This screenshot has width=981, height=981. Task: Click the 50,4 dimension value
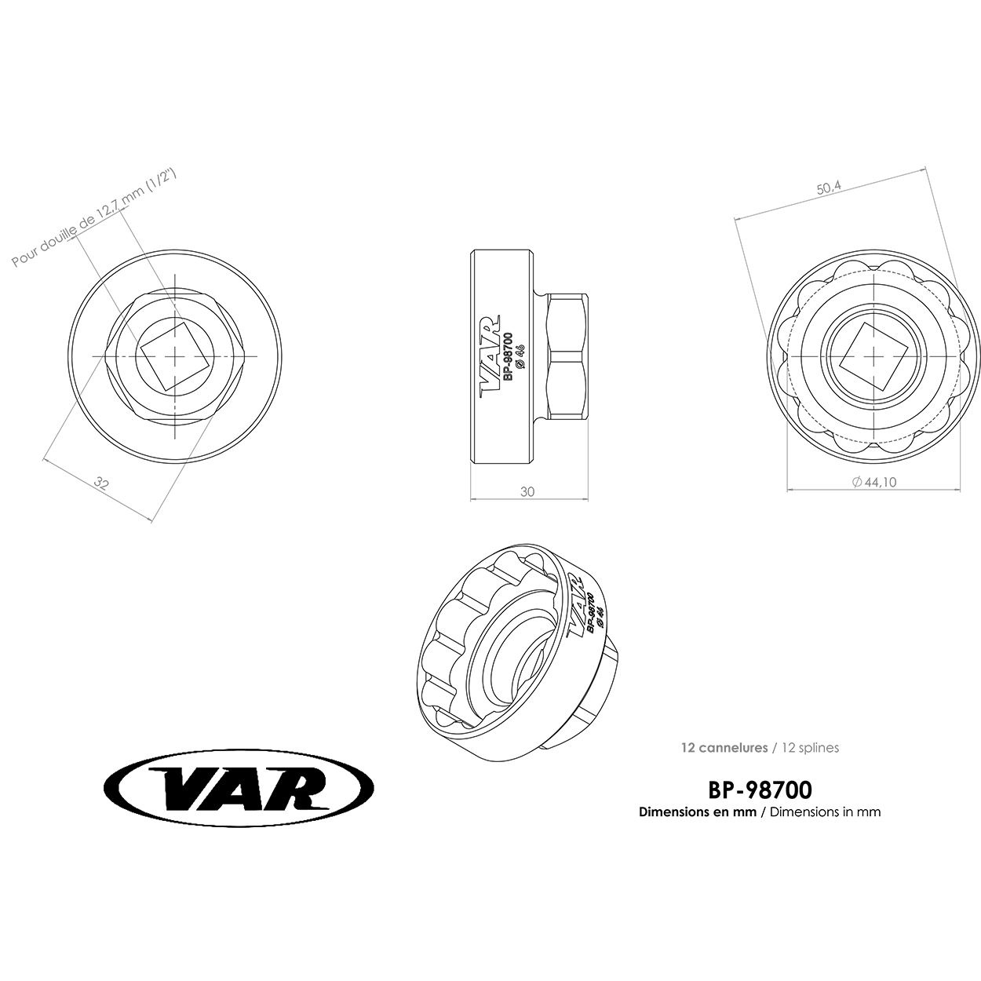coord(830,188)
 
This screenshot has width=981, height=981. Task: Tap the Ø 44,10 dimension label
coord(874,482)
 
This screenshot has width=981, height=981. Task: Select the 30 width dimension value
coord(527,491)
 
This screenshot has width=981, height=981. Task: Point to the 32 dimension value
coord(102,483)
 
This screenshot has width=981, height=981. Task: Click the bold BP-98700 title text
coord(760,790)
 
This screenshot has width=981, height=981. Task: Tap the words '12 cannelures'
coord(724,747)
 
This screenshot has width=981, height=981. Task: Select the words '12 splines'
coord(811,747)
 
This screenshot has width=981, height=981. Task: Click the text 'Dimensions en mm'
coord(698,811)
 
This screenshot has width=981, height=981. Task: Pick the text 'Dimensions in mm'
coord(826,811)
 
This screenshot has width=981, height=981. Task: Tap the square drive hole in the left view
coord(174,357)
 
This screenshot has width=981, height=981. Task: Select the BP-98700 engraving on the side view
coord(508,357)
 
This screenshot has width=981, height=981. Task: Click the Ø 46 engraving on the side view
coord(520,356)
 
